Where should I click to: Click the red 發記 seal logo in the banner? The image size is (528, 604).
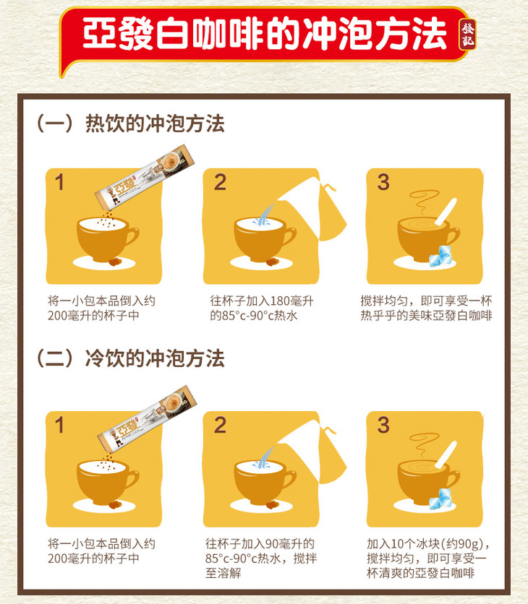tap(467, 34)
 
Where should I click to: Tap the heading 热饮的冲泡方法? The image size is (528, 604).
tap(155, 124)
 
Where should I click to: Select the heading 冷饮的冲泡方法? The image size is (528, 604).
tap(155, 358)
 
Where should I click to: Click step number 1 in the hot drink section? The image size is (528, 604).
tap(59, 182)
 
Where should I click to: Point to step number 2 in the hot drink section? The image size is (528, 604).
tap(220, 182)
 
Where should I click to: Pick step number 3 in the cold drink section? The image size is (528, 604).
tap(383, 425)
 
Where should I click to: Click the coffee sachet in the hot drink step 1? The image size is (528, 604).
tap(145, 176)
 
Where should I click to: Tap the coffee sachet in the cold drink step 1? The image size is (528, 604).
tap(147, 417)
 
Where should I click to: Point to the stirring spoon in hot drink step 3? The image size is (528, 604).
tap(446, 212)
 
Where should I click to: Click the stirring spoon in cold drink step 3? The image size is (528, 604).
tap(446, 454)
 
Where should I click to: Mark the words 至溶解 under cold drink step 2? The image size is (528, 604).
tap(223, 573)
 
